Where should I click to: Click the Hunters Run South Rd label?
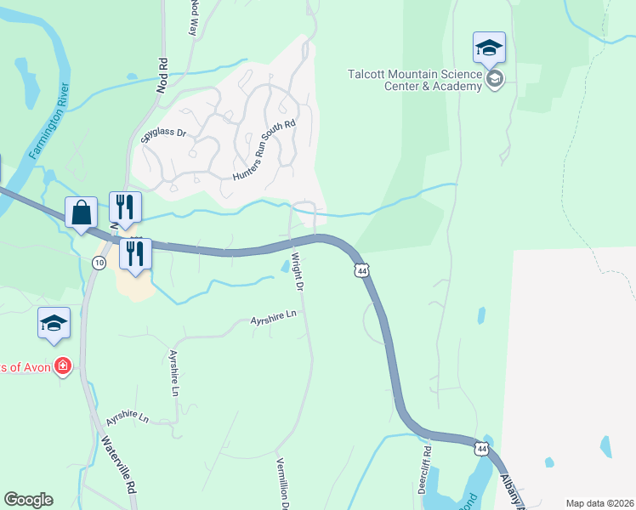(x=264, y=150)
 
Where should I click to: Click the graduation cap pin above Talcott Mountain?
(x=490, y=48)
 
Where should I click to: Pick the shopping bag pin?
(x=81, y=212)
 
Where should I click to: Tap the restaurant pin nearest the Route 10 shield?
(x=135, y=253)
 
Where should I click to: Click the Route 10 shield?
(x=99, y=263)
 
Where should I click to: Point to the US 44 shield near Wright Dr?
(x=363, y=270)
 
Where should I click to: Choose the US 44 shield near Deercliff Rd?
(x=482, y=448)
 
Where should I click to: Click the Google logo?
(x=28, y=500)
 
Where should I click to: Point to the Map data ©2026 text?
(x=599, y=503)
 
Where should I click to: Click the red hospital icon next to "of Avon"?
(x=63, y=366)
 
